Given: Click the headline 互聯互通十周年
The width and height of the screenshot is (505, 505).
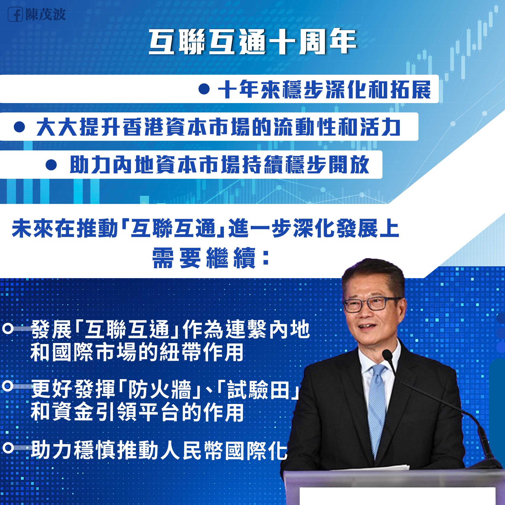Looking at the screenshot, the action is click(253, 42).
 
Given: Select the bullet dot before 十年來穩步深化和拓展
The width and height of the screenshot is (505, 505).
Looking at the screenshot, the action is click(204, 89).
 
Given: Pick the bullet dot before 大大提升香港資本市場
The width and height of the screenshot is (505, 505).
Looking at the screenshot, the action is click(19, 127).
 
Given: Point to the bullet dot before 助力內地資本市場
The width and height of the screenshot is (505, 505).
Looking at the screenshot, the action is click(51, 165).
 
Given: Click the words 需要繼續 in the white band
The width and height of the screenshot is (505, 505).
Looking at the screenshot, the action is click(204, 258).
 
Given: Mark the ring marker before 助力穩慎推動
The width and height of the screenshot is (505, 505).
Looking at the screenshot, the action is click(8, 448).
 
